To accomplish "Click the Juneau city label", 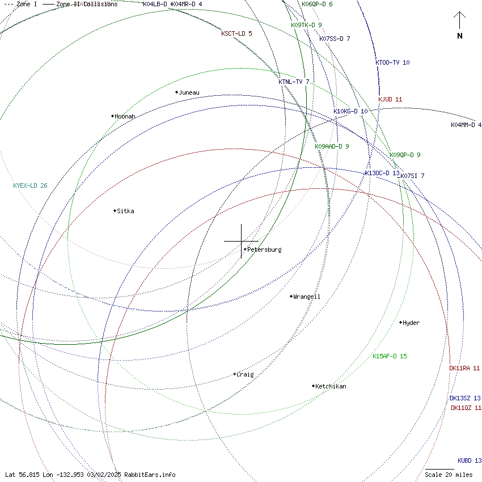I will pyautogui.click(x=189, y=92).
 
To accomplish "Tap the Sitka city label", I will pyautogui.click(x=125, y=211).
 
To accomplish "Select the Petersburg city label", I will pyautogui.click(x=264, y=250).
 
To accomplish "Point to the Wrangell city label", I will pyautogui.click(x=307, y=297).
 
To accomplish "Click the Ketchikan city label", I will pyautogui.click(x=331, y=386).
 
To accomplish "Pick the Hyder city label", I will pyautogui.click(x=411, y=323).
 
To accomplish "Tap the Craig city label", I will pyautogui.click(x=245, y=374).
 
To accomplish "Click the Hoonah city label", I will pyautogui.click(x=125, y=116).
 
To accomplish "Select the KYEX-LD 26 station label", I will pyautogui.click(x=30, y=185).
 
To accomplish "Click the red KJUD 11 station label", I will pyautogui.click(x=390, y=99).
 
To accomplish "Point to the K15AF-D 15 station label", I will pyautogui.click(x=390, y=356).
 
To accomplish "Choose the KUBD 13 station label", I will pyautogui.click(x=470, y=460).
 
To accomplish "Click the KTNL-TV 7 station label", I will pyautogui.click(x=294, y=82).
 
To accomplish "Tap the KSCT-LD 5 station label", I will pyautogui.click(x=236, y=33).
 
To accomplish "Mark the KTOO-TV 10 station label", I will pyautogui.click(x=392, y=62).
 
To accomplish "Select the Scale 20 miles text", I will pyautogui.click(x=449, y=475).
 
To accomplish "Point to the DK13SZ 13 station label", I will pyautogui.click(x=465, y=398).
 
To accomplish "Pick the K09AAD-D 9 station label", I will pyautogui.click(x=332, y=146).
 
